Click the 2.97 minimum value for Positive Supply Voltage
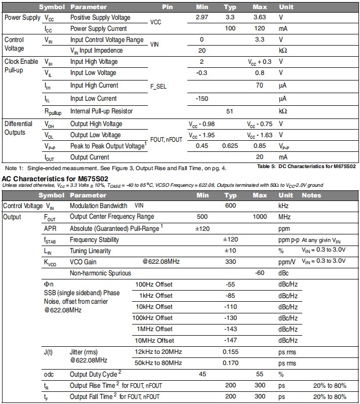[205, 18]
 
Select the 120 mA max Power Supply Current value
[260, 29]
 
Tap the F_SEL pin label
[158, 87]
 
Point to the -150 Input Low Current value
[202, 99]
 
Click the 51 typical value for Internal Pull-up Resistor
[230, 111]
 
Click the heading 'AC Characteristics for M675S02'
[55, 179]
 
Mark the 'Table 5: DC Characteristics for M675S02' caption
[306, 167]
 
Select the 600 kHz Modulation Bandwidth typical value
[230, 206]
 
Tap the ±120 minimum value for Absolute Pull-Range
[203, 228]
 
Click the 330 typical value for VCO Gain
[230, 262]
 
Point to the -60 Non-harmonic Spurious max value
[260, 273]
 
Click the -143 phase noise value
[230, 329]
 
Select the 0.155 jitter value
[230, 351]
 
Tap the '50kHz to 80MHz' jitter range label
[158, 363]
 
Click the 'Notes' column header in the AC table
[311, 195]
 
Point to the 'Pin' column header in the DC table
[168, 7]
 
